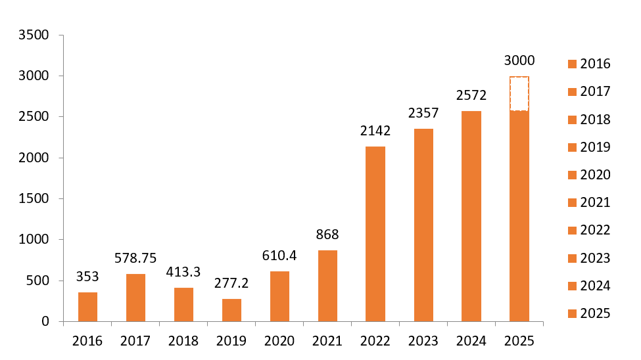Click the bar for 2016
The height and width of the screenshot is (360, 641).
87,307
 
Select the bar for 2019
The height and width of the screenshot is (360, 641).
231,310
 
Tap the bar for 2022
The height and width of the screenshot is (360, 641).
375,234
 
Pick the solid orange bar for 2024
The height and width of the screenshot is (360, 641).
471,216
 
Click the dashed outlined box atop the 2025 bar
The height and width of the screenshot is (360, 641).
519,93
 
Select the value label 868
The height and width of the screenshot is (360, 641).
327,235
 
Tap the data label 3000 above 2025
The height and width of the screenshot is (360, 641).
519,60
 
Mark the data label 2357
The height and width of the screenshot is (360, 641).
423,113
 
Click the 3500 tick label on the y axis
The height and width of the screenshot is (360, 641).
35,35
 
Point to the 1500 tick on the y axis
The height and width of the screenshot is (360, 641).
35,198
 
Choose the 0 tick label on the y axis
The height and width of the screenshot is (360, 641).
45,321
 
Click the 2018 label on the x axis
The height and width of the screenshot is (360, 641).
183,341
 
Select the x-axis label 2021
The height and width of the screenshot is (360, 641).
327,341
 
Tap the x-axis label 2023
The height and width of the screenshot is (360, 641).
423,341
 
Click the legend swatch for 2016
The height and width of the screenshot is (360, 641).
571,64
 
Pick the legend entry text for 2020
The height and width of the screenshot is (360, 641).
595,175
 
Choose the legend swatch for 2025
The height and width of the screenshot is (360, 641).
571,313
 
